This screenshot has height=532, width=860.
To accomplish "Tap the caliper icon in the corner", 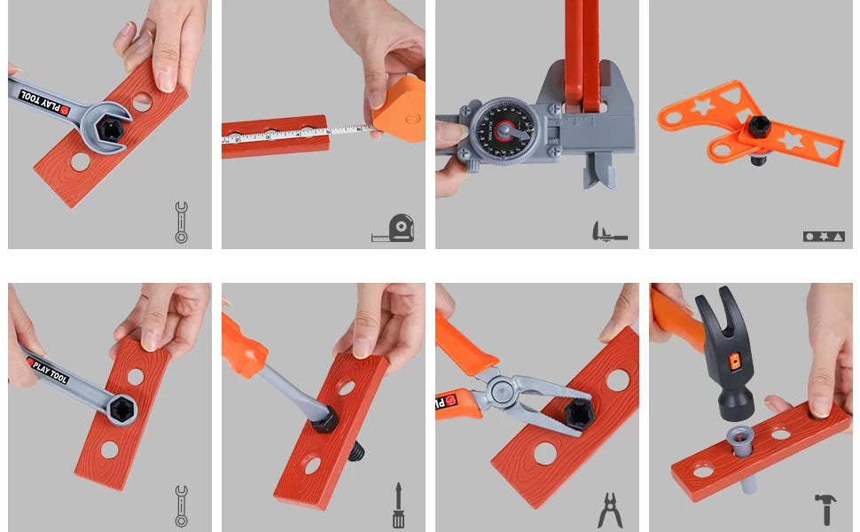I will pyautogui.click(x=609, y=232).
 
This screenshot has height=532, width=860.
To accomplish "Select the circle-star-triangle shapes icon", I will pyautogui.click(x=824, y=237).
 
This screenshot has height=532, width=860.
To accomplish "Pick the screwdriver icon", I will pyautogui.click(x=398, y=505).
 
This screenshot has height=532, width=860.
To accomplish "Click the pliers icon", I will pyautogui.click(x=610, y=511).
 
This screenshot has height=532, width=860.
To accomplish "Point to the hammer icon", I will pyautogui.click(x=825, y=509).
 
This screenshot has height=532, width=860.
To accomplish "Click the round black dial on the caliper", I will pyautogui.click(x=504, y=131).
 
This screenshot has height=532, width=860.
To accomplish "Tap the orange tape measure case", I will pyautogui.click(x=401, y=110).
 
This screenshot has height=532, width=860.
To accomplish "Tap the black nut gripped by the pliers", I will pyautogui.click(x=580, y=413).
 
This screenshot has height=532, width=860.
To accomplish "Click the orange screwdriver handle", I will pyautogui.click(x=244, y=345).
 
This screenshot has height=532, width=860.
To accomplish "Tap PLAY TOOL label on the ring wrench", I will pyautogui.click(x=47, y=370).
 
